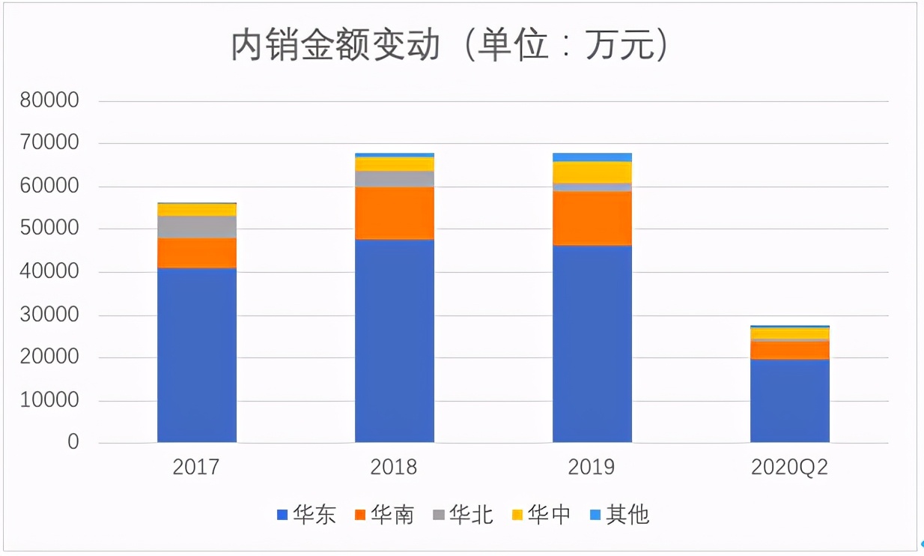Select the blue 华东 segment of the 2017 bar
(197, 354)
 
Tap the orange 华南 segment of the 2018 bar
(395, 213)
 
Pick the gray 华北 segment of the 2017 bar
(197, 227)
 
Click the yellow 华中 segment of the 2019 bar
(592, 172)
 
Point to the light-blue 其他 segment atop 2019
(592, 157)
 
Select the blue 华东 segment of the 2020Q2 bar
(790, 401)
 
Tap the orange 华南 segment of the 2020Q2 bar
(790, 351)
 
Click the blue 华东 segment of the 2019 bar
(592, 343)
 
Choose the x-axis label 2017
(196, 467)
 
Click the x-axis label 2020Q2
(790, 467)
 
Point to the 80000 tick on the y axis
(49, 100)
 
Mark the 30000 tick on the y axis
(49, 315)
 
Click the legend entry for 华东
(306, 515)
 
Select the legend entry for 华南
(384, 515)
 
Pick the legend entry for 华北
(463, 515)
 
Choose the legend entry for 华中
(541, 515)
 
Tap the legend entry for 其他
(619, 515)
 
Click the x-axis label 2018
(394, 467)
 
